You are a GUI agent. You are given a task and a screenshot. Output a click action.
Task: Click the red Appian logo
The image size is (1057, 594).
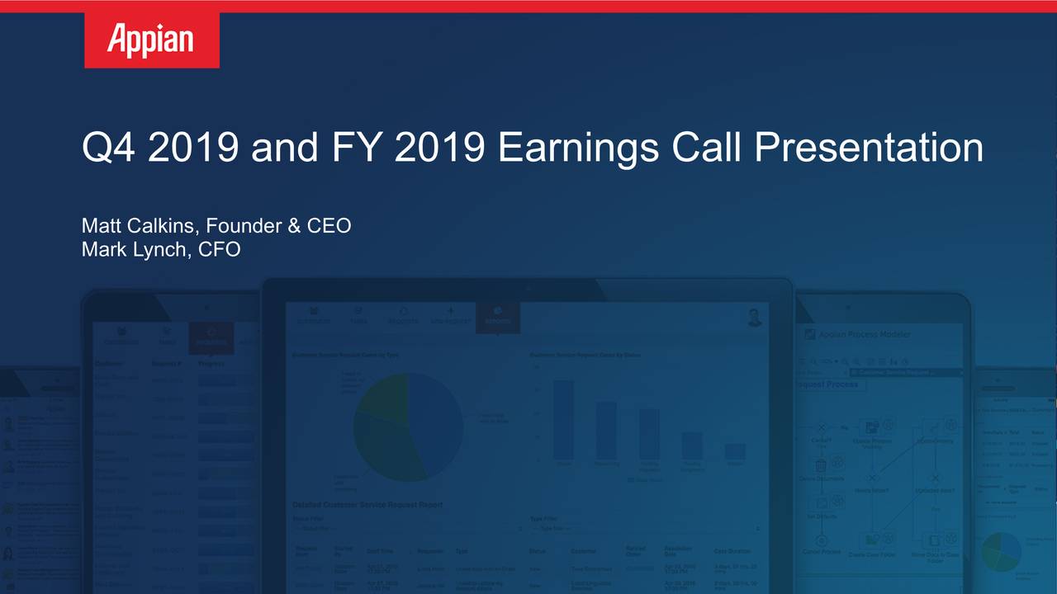pos(152,40)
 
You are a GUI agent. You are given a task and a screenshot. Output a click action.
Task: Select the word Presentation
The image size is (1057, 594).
pos(868,148)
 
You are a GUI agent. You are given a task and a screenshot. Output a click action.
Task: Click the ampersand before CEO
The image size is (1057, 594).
pos(294,225)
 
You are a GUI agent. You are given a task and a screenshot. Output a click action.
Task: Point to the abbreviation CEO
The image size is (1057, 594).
pos(329,225)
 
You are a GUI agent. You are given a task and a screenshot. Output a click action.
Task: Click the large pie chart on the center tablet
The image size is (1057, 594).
pos(408,427)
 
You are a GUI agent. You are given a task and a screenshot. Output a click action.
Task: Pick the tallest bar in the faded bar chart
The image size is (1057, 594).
pos(563,419)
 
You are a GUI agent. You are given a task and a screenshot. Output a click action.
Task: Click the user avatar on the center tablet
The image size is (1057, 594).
pos(754,318)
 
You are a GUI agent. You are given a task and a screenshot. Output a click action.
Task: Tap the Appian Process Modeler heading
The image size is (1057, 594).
pos(863,334)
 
